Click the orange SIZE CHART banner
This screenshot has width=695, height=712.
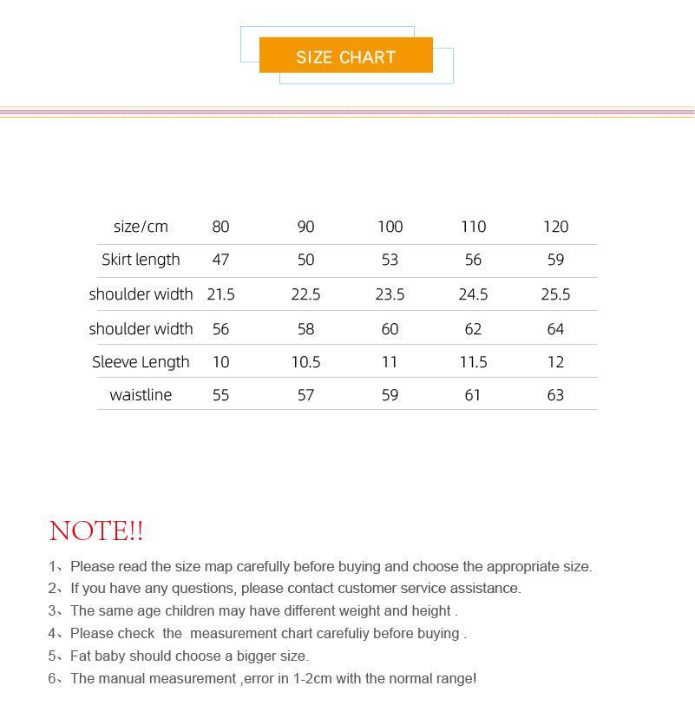pyautogui.click(x=345, y=56)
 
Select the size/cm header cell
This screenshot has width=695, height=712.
pyautogui.click(x=141, y=227)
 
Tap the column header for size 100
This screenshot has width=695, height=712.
pyautogui.click(x=390, y=227)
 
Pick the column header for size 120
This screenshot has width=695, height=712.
pyautogui.click(x=555, y=227)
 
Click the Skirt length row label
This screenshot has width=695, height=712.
pyautogui.click(x=141, y=260)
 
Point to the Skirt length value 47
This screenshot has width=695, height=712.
pyautogui.click(x=220, y=260)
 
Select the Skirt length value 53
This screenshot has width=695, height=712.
pyautogui.click(x=390, y=260)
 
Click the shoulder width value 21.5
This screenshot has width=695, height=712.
pyautogui.click(x=220, y=294)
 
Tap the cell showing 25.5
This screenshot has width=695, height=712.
pyautogui.click(x=555, y=294)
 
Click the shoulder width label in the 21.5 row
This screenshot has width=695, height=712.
pyautogui.click(x=141, y=294)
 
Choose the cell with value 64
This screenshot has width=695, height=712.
pyautogui.click(x=555, y=329)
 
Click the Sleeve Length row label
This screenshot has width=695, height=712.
pyautogui.click(x=141, y=362)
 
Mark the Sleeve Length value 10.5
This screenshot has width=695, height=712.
pyautogui.click(x=305, y=362)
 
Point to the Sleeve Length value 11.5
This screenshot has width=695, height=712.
pyautogui.click(x=473, y=362)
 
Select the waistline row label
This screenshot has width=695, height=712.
pyautogui.click(x=141, y=395)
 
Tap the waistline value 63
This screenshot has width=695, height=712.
pyautogui.click(x=555, y=395)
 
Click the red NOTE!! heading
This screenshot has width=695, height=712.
pyautogui.click(x=96, y=531)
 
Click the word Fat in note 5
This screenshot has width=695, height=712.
pyautogui.click(x=81, y=656)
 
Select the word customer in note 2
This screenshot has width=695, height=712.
pyautogui.click(x=366, y=589)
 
